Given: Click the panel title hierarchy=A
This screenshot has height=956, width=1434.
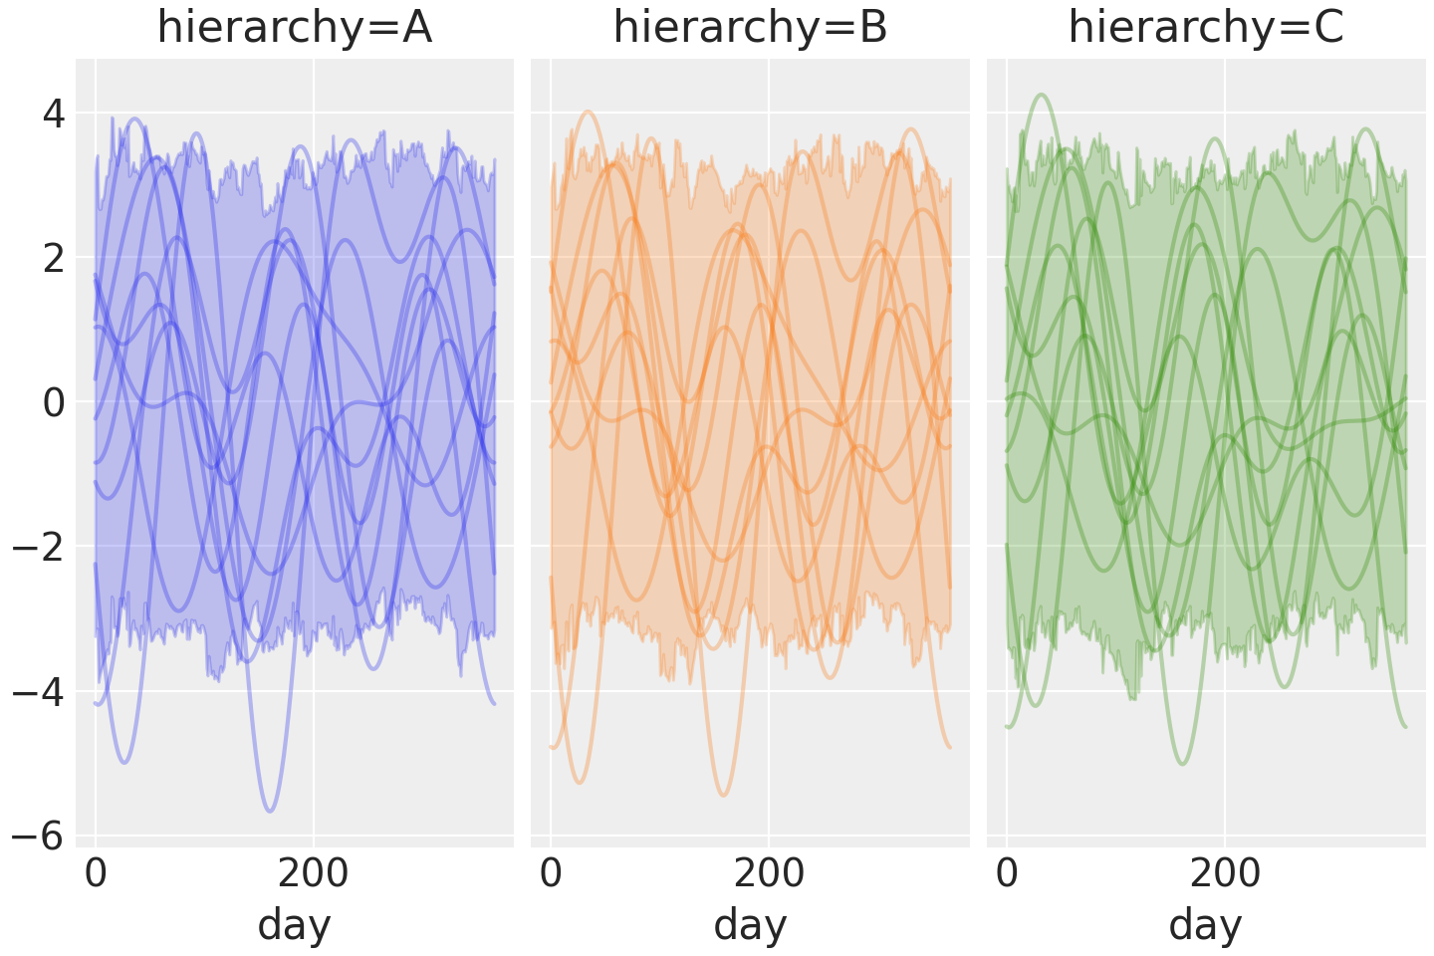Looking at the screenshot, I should pos(295,28).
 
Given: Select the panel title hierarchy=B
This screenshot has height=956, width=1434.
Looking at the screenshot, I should pos(750,28).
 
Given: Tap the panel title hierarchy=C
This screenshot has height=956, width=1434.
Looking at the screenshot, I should pos(1206,28).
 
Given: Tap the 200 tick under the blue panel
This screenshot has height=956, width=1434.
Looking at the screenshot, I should pos(313,874).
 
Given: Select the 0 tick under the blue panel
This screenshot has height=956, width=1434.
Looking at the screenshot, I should pos(96,874).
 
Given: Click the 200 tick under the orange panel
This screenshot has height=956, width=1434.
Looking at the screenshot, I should pos(769,874).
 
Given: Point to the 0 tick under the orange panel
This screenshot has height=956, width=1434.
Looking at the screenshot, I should pos(551,874).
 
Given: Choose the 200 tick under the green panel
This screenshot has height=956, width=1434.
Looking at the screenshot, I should pos(1224,874).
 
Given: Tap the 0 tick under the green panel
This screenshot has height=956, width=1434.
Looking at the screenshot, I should pos(1007,874).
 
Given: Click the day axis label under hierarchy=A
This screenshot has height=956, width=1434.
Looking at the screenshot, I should pos(295,925).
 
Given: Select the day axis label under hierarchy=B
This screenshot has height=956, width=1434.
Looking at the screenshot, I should pos(750,925).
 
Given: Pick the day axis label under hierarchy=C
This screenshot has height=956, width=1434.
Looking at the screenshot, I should pos(1206,925).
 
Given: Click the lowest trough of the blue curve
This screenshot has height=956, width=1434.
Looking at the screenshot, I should pos(269,812).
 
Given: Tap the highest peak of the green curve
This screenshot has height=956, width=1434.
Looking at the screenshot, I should pos(1042,95).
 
